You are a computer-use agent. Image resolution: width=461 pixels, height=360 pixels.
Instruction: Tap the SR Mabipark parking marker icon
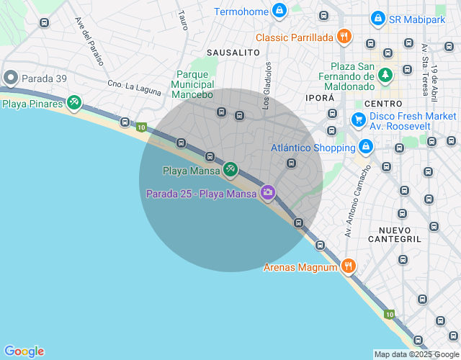point(377,19)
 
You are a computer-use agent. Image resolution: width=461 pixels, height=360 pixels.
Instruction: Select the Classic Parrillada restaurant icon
point(345,37)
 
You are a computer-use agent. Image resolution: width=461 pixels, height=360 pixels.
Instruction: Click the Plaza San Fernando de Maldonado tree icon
point(385,75)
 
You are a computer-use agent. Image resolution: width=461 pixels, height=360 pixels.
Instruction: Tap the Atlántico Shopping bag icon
point(366,148)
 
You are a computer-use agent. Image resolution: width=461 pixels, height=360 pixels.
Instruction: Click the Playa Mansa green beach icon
point(230,170)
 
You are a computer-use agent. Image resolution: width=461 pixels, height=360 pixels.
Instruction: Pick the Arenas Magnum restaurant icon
point(348,266)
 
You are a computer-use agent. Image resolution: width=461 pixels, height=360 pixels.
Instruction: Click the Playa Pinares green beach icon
point(73,103)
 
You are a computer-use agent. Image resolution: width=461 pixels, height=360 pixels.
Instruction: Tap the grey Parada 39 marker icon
point(10,77)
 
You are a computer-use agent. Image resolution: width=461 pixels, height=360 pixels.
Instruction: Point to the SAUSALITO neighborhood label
point(233,53)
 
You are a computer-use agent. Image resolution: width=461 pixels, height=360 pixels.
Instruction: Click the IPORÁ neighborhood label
point(320,97)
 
